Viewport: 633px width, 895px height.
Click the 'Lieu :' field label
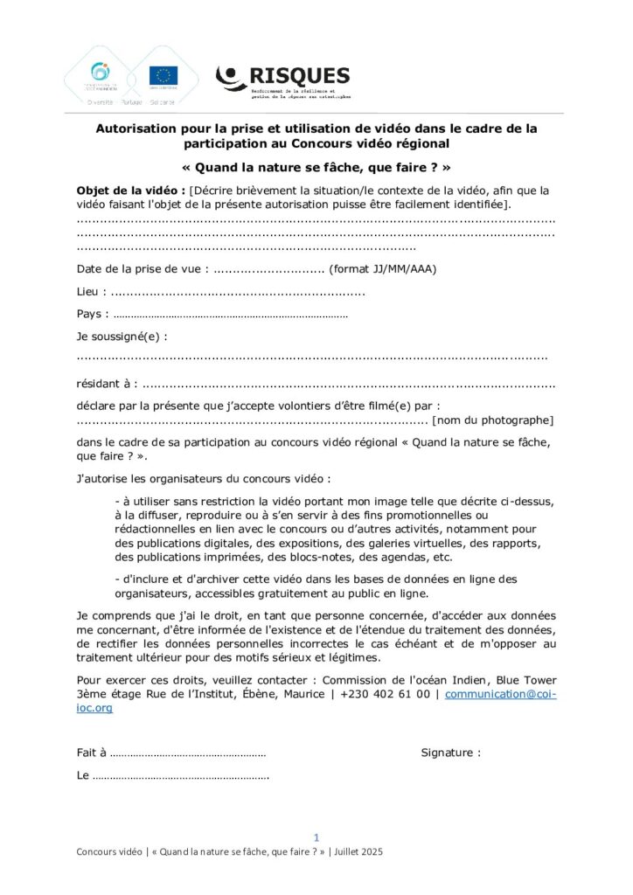pyautogui.click(x=93, y=291)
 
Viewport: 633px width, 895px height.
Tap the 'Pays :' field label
pyautogui.click(x=93, y=314)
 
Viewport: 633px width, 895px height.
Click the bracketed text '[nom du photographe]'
pyautogui.click(x=493, y=420)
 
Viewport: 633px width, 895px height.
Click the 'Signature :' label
pyautogui.click(x=450, y=753)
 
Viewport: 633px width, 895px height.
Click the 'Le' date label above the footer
pyautogui.click(x=83, y=775)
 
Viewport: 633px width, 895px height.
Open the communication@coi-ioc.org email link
pyautogui.click(x=499, y=694)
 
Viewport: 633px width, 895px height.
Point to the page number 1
pyautogui.click(x=316, y=836)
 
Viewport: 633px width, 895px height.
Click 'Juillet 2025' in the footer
pyautogui.click(x=358, y=851)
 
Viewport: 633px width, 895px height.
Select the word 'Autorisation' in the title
pyautogui.click(x=139, y=128)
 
